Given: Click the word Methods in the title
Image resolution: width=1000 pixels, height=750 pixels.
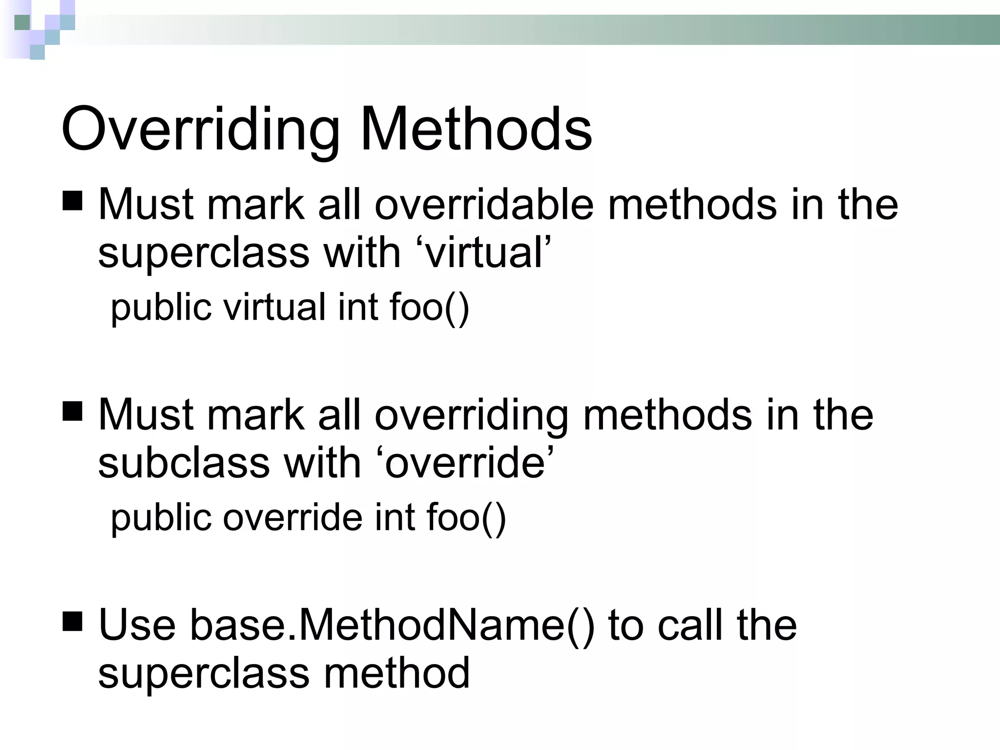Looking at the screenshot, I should pos(476,129).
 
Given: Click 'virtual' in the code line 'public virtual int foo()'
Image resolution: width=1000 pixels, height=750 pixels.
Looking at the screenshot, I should pos(274,307).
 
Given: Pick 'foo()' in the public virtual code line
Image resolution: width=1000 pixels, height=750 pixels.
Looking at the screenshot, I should pos(429,308).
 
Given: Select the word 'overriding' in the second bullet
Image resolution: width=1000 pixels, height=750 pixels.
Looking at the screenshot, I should pos(471,415).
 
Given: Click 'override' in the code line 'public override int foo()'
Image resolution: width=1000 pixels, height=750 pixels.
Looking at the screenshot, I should pos(292,517).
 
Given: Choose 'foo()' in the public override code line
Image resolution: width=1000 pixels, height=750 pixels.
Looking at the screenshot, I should pos(466,518).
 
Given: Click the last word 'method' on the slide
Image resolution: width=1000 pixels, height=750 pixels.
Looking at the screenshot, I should pos(396,673).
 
